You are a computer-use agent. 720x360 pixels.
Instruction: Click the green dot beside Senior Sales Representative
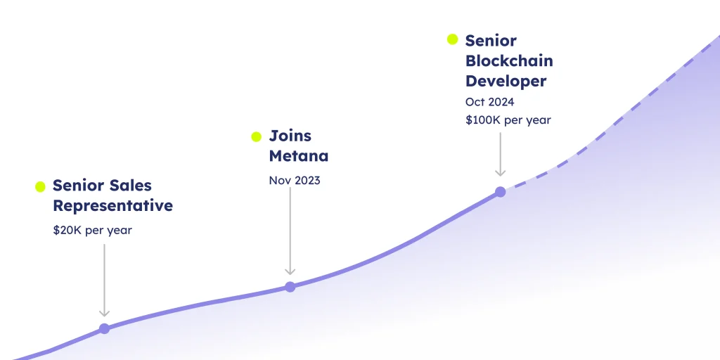coord(40,186)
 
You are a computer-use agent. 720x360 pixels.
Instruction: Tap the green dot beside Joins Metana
coord(256,136)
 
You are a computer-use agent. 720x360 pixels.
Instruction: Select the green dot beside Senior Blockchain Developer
coord(452,39)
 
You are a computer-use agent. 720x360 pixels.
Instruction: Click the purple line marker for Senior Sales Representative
coord(104,329)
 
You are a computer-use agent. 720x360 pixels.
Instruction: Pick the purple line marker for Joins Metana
coord(290,287)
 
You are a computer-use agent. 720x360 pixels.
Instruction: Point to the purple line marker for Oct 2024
coord(500,192)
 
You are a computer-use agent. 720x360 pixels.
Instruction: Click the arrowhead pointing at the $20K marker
coord(104,313)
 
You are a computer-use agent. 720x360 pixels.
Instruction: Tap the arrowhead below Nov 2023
coord(290,271)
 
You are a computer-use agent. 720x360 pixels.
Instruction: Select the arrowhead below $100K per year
coord(500,173)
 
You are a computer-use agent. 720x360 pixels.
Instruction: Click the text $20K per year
coord(92,230)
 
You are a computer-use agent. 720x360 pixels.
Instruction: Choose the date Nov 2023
coord(295,181)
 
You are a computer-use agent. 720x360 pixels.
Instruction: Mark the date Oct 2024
coord(489,101)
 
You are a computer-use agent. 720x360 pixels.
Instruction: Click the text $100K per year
coord(508,120)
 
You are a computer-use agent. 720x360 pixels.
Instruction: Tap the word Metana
coord(298,156)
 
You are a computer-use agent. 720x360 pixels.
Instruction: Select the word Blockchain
coord(509,60)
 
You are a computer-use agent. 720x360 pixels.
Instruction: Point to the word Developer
coord(506,82)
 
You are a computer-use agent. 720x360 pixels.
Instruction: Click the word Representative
coord(113,206)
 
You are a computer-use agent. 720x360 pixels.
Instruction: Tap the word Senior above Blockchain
coord(491,40)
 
